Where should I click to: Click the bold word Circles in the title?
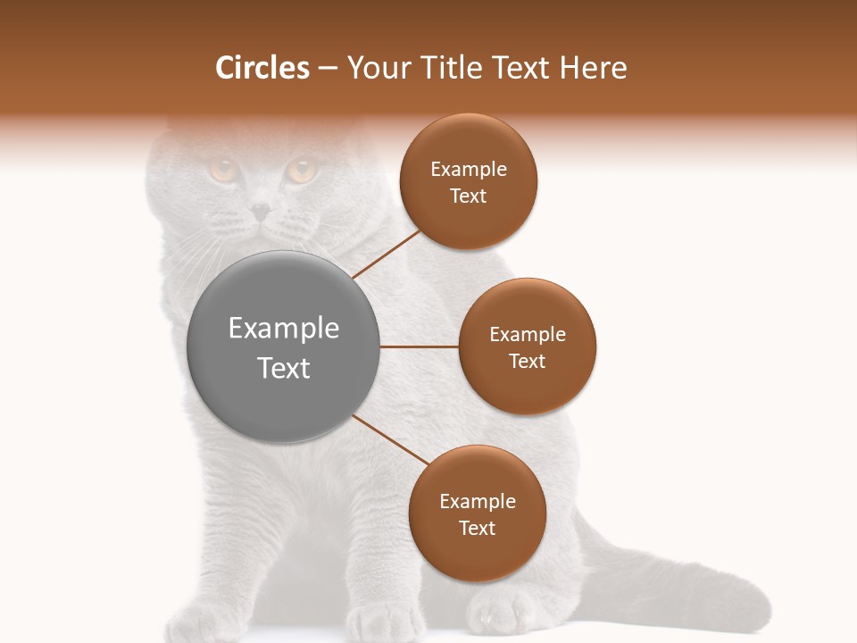pyautogui.click(x=262, y=68)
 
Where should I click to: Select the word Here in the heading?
pyautogui.click(x=593, y=68)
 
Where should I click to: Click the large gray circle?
pyautogui.click(x=283, y=347)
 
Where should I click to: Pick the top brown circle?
pyautogui.click(x=468, y=181)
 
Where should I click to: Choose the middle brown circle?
pyautogui.click(x=527, y=347)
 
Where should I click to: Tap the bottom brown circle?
pyautogui.click(x=477, y=514)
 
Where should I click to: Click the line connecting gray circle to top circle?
pyautogui.click(x=386, y=254)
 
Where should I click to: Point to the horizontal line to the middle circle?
pyautogui.click(x=420, y=347)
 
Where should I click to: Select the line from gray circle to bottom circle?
pyautogui.click(x=391, y=440)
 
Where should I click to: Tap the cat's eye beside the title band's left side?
pyautogui.click(x=222, y=169)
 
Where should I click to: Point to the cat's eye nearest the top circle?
pyautogui.click(x=301, y=170)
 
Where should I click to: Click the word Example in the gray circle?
pyautogui.click(x=283, y=329)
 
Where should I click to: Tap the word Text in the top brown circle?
pyautogui.click(x=468, y=196)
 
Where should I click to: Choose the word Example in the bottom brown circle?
pyautogui.click(x=477, y=501)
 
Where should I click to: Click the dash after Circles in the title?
pyautogui.click(x=328, y=68)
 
